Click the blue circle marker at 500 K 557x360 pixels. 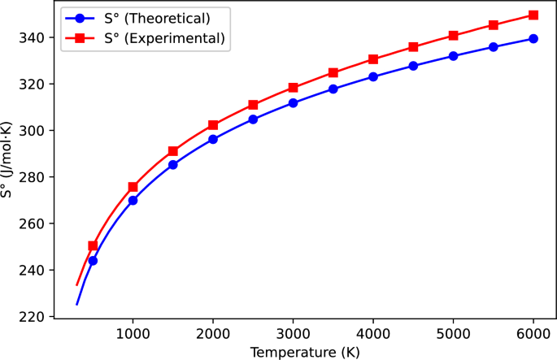93,261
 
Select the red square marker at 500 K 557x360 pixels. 93,245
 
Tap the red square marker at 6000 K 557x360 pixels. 533,15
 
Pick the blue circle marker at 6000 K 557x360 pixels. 533,38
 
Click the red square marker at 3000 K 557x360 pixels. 293,88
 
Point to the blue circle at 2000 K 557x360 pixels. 213,139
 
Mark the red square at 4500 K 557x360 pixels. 413,47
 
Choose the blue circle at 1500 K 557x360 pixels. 172,164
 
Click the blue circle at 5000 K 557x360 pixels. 453,56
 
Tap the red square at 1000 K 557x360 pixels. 133,187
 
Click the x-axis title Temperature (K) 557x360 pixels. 305,351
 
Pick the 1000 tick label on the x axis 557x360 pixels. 133,333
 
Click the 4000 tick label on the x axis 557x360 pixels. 373,333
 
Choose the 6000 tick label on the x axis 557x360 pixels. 533,333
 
